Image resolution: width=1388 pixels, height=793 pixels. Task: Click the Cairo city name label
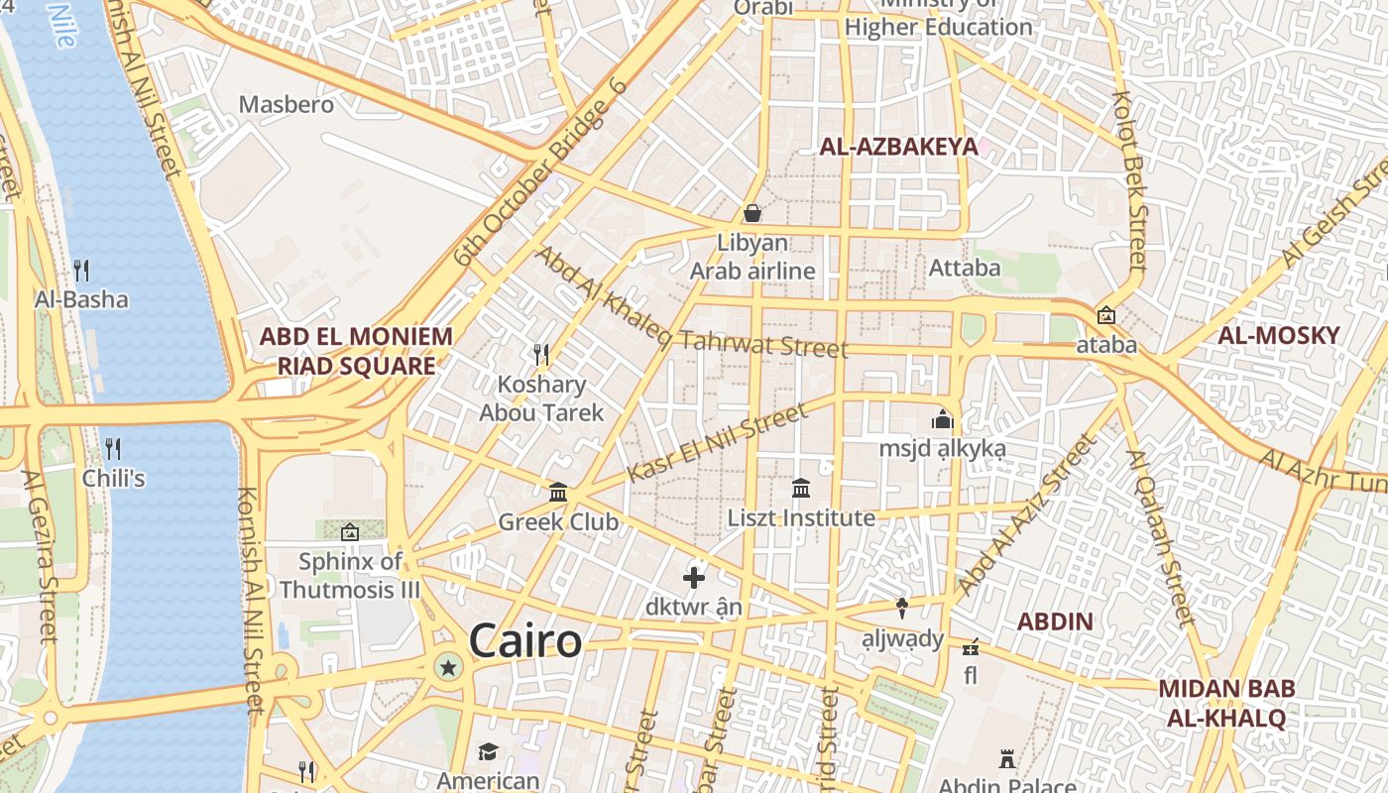click(525, 640)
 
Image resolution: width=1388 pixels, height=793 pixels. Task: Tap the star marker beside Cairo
click(448, 668)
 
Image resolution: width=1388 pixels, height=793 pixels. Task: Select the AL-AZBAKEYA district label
click(898, 147)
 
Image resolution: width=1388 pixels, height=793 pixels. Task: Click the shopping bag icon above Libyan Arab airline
click(752, 213)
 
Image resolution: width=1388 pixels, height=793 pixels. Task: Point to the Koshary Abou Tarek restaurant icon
click(541, 354)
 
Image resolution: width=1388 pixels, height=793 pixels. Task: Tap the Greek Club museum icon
click(558, 492)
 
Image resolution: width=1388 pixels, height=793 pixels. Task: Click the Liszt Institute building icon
click(801, 488)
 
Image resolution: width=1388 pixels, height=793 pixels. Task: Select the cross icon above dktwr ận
click(694, 577)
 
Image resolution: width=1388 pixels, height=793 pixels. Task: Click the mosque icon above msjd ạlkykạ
click(943, 419)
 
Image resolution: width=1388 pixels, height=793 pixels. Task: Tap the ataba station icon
click(1106, 316)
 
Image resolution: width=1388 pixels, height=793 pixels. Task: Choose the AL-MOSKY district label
click(1278, 335)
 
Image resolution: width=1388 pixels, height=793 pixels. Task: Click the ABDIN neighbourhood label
click(1056, 623)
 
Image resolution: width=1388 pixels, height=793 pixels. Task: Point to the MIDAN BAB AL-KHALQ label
click(1225, 703)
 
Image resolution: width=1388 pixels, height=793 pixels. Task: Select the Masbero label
click(287, 103)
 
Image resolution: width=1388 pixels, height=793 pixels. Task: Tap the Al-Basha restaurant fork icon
click(81, 269)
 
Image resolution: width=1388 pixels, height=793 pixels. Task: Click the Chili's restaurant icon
click(113, 449)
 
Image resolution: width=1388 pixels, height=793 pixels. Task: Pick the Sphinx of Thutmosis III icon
click(349, 532)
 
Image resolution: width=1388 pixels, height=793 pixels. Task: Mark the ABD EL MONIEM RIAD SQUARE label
click(356, 351)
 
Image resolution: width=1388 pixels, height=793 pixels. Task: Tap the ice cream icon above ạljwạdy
click(902, 608)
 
